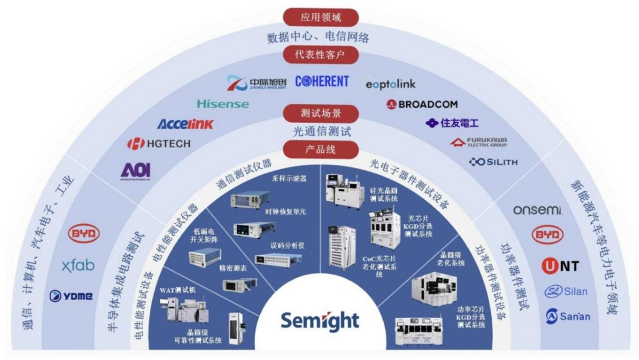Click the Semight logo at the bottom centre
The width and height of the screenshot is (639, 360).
click(x=319, y=321)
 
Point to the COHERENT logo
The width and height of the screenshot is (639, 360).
click(x=322, y=82)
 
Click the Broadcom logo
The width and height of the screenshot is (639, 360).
click(x=422, y=104)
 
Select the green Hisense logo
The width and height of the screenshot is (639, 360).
click(x=223, y=104)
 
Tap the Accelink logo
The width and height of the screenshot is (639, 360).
click(x=185, y=124)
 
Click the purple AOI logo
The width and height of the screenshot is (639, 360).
click(x=136, y=170)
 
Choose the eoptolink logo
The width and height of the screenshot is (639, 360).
click(x=390, y=84)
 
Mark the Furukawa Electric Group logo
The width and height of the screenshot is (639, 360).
click(x=479, y=142)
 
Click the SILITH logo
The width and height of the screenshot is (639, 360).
click(x=494, y=162)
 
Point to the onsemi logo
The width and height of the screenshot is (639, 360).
click(x=537, y=210)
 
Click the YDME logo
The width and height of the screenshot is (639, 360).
click(x=71, y=296)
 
